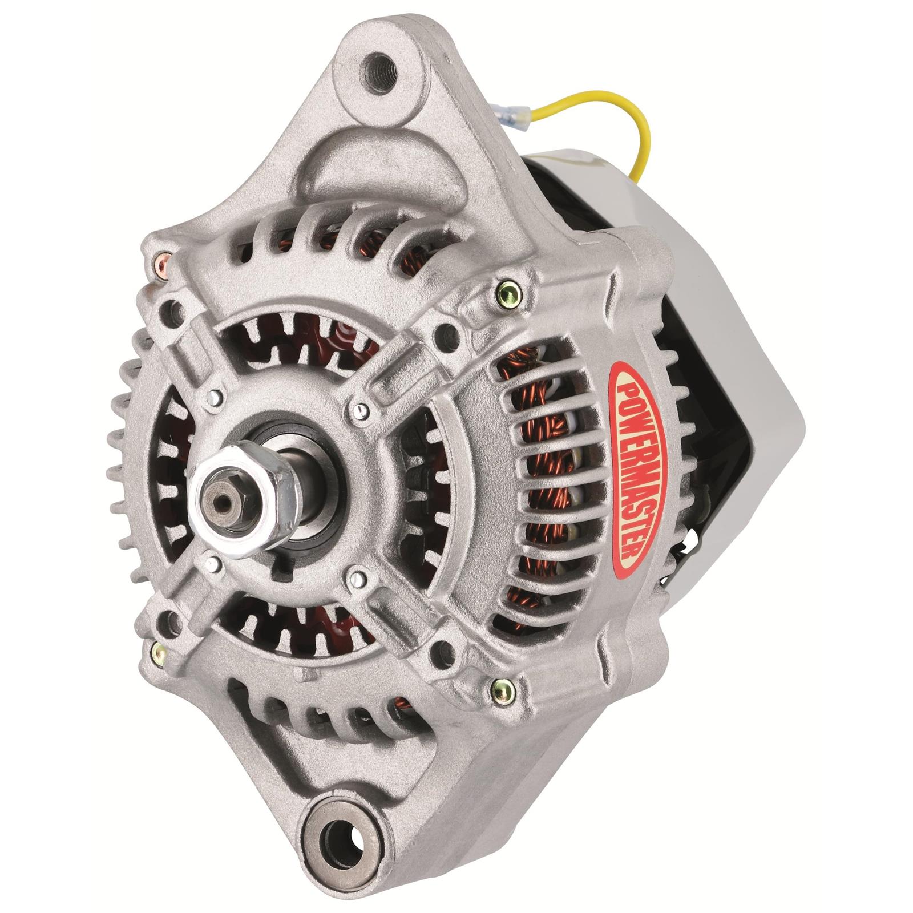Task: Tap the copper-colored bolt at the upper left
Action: click(161, 261)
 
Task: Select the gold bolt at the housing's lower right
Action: click(501, 691)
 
